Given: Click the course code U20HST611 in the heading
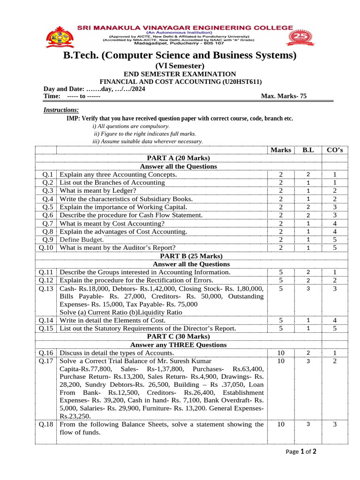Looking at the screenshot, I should [x=243, y=82].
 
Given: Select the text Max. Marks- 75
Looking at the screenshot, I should [x=284, y=96].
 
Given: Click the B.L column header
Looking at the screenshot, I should [x=308, y=150].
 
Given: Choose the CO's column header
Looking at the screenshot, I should [x=335, y=150].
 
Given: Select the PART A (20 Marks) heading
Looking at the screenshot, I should [x=178, y=158].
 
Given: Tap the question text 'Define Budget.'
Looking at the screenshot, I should [x=82, y=239].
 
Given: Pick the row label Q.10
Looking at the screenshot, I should [x=46, y=247].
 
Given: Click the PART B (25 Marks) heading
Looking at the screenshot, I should [x=178, y=256].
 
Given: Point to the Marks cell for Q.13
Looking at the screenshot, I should [x=281, y=289].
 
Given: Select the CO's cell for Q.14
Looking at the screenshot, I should [x=335, y=320].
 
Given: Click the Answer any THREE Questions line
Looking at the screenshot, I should [x=178, y=345].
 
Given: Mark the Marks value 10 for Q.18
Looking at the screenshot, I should [x=281, y=424].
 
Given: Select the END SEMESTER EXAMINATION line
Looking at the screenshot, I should [x=180, y=74].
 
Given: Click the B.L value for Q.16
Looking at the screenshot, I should [x=308, y=352].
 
